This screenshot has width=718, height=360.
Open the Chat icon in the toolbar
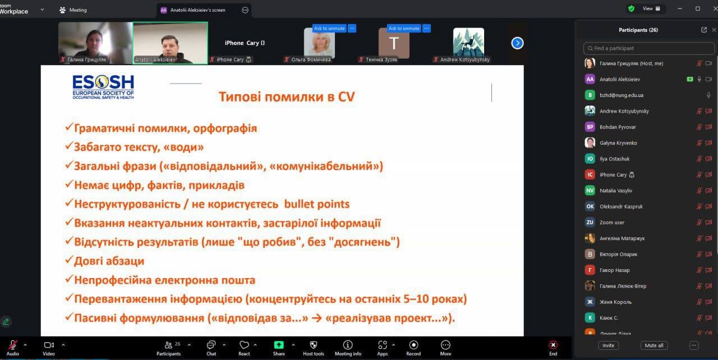click(211, 345)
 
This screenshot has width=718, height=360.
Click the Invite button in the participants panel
click(608, 345)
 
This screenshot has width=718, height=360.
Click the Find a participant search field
click(649, 48)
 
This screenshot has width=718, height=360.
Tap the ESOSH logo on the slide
click(103, 87)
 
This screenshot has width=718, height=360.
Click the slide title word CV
click(346, 96)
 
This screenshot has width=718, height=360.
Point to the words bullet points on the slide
click(317, 204)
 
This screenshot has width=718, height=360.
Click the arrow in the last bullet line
click(317, 319)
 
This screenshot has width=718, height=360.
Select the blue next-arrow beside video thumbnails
click(517, 43)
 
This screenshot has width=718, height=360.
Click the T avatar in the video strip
click(394, 43)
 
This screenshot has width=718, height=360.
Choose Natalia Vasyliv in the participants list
click(616, 191)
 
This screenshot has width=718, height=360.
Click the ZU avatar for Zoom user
click(590, 222)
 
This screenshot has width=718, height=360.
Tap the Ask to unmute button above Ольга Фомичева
click(329, 28)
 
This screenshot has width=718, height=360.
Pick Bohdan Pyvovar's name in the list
click(618, 127)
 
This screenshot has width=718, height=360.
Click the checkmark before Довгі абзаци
click(68, 260)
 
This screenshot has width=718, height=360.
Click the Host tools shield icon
click(313, 345)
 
